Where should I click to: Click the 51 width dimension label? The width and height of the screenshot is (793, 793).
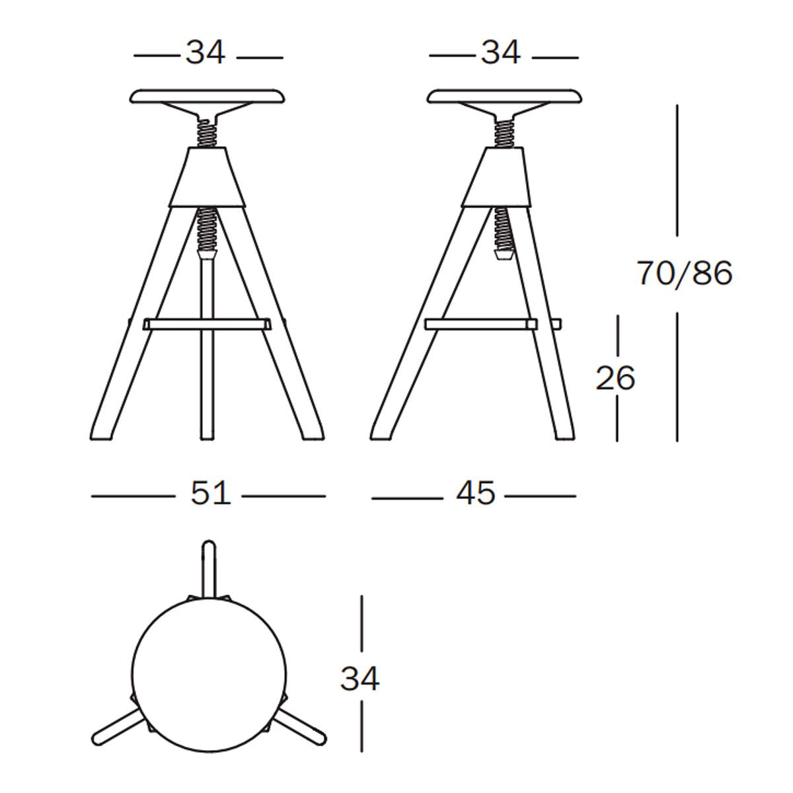coord(210,494)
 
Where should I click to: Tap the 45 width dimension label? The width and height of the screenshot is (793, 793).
coord(475,493)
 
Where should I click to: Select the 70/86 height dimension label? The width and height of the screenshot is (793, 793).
coord(685,273)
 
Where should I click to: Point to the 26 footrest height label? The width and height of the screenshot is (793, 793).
coord(615,378)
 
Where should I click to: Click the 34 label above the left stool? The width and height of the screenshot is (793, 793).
coord(206,52)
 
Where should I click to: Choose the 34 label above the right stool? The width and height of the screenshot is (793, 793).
coord(501,52)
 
